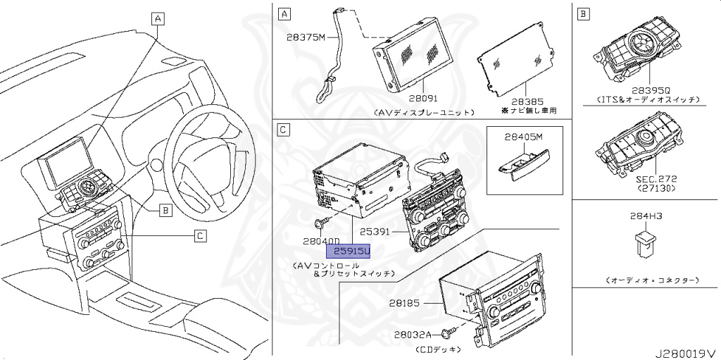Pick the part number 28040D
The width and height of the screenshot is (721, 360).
click(320, 241)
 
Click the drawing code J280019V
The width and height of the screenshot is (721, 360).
click(686, 350)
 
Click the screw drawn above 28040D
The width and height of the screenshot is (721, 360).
click(322, 224)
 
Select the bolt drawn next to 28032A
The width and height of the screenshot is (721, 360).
click(451, 333)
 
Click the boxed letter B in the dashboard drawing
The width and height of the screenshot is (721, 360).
click(164, 209)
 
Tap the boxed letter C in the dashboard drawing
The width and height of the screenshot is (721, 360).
click(200, 236)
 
